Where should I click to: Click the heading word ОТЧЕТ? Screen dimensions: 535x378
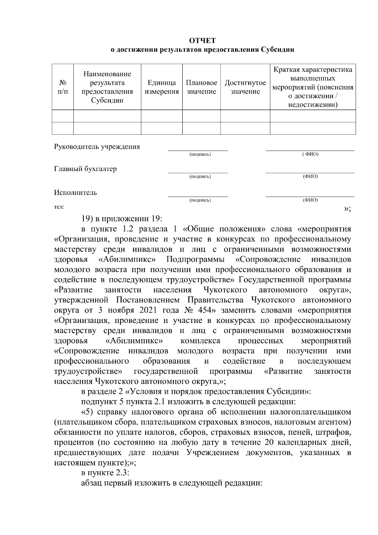coord(203,41)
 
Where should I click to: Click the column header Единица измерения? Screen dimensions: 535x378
coord(162,87)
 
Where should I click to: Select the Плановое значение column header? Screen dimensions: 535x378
coord(201,87)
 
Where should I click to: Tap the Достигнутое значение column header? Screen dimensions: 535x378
coord(245,87)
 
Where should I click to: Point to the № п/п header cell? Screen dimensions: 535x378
coord(63,87)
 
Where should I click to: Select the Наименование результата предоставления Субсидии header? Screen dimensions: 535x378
coord(107,87)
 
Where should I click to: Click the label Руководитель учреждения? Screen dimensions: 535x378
coord(97,147)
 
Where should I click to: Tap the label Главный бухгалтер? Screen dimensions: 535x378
coord(85,169)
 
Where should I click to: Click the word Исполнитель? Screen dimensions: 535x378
coord(75,193)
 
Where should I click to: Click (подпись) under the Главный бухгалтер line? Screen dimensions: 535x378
coord(200,176)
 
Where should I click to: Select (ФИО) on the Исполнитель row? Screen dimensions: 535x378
coord(310,200)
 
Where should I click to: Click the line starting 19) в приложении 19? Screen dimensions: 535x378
coord(122,219)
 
